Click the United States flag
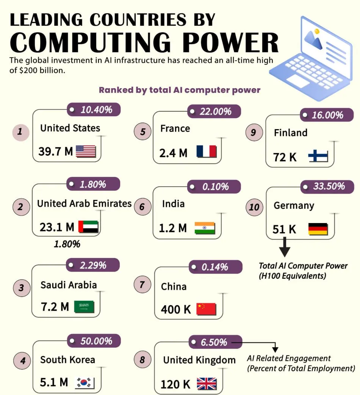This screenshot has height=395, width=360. click(86, 151)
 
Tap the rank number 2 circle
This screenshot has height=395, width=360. click(20, 207)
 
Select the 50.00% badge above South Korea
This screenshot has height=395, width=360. click(94, 341)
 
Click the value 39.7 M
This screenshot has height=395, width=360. click(55, 151)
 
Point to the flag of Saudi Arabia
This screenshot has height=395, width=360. click(84, 307)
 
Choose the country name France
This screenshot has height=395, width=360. click(175, 128)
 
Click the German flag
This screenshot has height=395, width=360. click(318, 229)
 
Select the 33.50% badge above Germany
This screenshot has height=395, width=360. click(327, 186)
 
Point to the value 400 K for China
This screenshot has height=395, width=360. click(176, 309)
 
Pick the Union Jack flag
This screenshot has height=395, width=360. click(207, 384)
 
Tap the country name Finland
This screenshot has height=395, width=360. click(290, 133)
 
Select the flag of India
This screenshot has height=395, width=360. click(205, 228)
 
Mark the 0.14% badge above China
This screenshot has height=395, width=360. click(215, 267)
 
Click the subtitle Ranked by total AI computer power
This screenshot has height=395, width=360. click(180, 90)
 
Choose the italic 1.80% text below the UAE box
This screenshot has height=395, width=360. click(67, 244)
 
